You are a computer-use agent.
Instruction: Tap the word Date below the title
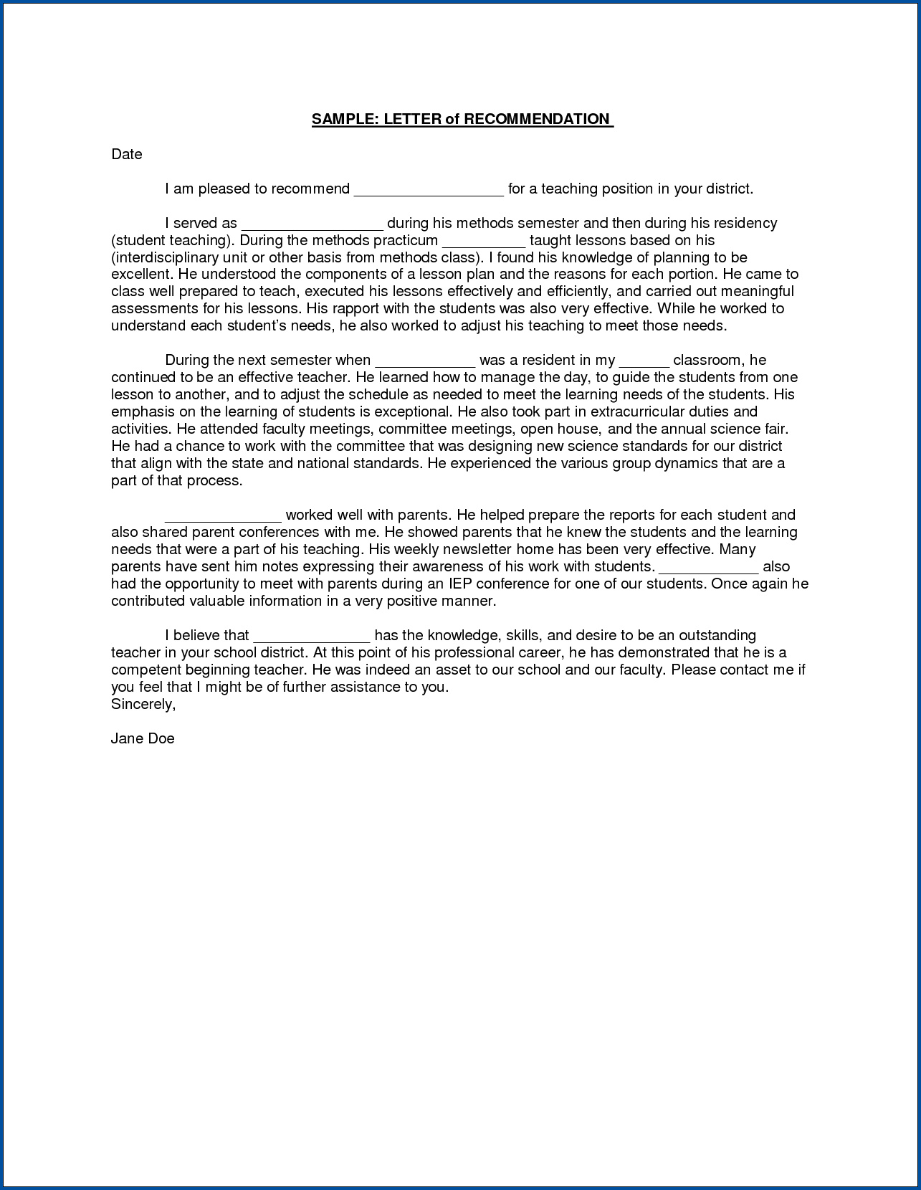point(127,154)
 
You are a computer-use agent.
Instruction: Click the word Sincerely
point(143,704)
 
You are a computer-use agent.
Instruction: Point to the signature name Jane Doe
point(143,738)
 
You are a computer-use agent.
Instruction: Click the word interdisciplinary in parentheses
point(168,257)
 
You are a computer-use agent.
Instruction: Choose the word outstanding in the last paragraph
point(717,635)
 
